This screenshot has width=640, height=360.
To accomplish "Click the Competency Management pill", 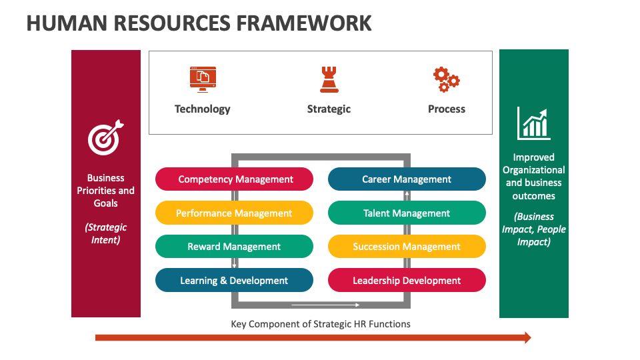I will tap(234, 179).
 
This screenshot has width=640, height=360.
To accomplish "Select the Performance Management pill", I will tap(234, 213).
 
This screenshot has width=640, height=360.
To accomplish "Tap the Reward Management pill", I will tap(234, 247).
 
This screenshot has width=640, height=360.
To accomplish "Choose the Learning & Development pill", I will tap(234, 281).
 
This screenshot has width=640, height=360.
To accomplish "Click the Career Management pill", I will tap(407, 179).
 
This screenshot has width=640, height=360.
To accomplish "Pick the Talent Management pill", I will tap(407, 213).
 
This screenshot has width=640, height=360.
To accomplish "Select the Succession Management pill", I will tap(407, 247).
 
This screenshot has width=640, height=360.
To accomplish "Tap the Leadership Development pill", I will tap(407, 281).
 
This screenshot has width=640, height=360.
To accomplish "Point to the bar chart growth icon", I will tap(533, 124).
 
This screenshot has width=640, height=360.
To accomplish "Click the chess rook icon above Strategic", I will tap(329, 79).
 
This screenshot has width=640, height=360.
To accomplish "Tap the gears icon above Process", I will tap(446, 79).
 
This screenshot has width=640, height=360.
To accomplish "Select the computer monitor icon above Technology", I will tap(203, 78).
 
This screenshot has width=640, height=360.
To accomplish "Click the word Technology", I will tap(203, 109).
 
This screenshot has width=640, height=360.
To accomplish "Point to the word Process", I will tap(447, 109).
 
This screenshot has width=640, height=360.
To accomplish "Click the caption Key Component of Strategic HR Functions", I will tap(321, 324).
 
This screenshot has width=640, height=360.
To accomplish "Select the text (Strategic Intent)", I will tap(105, 233).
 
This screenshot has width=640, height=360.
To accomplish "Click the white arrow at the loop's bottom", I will tap(321, 305).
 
